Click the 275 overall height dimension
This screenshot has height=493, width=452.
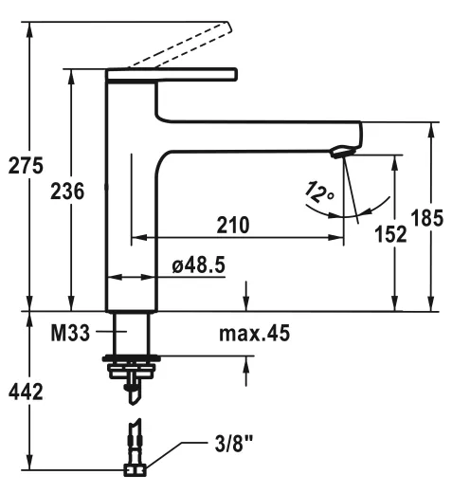[x=26, y=165]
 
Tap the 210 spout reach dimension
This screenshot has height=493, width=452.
[x=232, y=225]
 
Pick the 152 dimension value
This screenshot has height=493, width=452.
[x=389, y=233]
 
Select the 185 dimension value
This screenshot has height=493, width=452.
[x=429, y=218]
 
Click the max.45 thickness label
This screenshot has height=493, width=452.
[x=254, y=333]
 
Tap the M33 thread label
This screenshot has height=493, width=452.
[x=70, y=333]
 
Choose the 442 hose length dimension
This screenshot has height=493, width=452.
[x=26, y=392]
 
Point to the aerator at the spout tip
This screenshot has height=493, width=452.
[x=341, y=150]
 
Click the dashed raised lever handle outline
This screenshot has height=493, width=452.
[x=180, y=43]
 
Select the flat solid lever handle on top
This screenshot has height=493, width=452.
[x=171, y=73]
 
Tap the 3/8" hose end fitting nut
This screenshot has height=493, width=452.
[x=134, y=467]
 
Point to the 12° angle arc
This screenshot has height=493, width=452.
[x=366, y=210]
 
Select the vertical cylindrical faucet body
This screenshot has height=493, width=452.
[x=130, y=199]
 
